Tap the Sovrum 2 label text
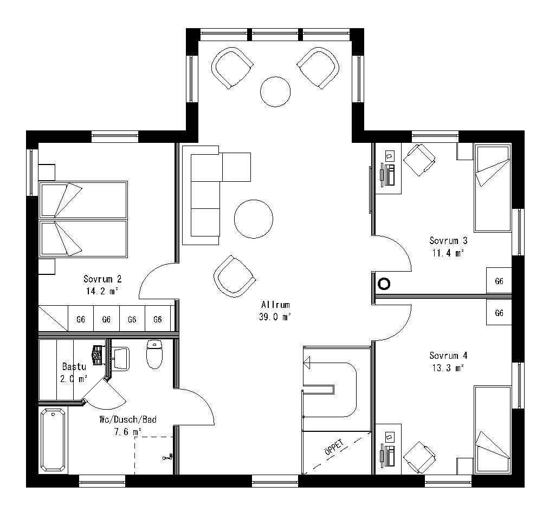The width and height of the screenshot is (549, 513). pos(102,279)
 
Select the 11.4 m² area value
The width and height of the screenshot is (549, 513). pos(448,252)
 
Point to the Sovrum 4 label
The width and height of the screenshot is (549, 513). pos(448,356)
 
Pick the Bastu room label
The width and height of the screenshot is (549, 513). pos(74,366)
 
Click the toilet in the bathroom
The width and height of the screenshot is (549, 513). pos(155,354)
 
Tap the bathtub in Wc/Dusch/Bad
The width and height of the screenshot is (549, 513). pos(53,440)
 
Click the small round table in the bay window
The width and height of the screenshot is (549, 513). pos(276,91)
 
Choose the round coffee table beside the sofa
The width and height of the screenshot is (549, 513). pos(253,219)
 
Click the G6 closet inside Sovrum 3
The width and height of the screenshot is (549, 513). pos(499,281)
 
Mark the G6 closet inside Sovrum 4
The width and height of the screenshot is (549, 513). pos(499,313)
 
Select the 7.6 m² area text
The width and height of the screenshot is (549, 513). pos(127,431)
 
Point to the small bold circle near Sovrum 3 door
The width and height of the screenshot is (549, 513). pos(384,283)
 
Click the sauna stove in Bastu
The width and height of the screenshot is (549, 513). pos(98,355)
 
